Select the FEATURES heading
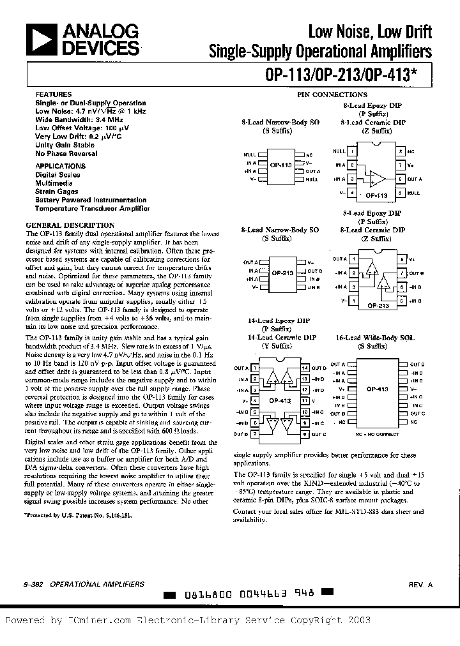coord(49,93)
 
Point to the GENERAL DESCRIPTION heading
coord(70,225)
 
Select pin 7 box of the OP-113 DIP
coord(400,165)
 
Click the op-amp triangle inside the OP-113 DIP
coord(377,178)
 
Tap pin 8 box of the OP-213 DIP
coord(401,259)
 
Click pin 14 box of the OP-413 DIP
coord(305,368)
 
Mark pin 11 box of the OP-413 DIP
coord(305,401)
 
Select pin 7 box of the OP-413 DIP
coord(255,434)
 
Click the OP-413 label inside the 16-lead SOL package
coord(378,388)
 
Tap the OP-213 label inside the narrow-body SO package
coord(282,273)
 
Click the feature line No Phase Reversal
coord(66,153)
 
